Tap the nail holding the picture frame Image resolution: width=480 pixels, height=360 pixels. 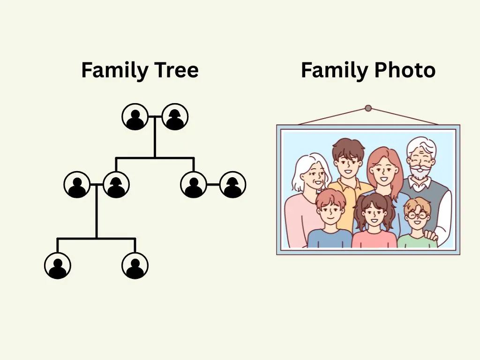pos(368,108)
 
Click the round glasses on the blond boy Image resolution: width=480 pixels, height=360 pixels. pos(417,215)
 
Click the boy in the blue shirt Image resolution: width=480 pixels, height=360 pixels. pos(330,220)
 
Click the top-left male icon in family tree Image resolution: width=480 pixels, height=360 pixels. pos(135,117)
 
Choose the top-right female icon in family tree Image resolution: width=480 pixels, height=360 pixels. pos(175,117)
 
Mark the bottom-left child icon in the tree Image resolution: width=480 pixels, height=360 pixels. pos(58,266)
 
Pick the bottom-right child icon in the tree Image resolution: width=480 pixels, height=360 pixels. pos(135,266)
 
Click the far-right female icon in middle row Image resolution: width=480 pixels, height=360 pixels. pos(232,185)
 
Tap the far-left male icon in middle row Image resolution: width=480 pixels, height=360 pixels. pos(77,185)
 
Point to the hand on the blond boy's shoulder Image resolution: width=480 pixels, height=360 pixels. pos(431,235)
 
